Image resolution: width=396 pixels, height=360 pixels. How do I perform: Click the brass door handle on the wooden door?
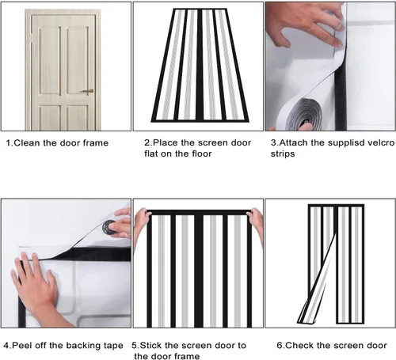pos(87,91)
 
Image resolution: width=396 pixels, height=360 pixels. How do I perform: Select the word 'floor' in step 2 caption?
pos(202,153)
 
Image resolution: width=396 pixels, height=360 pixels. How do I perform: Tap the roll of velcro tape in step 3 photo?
pos(304,115)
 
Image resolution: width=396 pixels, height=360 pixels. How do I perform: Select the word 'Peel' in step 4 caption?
pos(22,346)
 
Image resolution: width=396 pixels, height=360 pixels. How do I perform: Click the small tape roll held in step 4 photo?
pos(109,227)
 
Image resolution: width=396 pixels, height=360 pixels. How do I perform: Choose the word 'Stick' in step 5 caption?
pos(150,345)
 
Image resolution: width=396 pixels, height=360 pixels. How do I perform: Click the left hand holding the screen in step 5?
pos(142,222)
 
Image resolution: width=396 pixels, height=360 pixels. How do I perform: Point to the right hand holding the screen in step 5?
pos(256,223)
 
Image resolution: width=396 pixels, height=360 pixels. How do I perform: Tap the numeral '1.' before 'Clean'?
pos(10,143)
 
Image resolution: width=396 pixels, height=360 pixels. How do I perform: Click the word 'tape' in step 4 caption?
pos(113,346)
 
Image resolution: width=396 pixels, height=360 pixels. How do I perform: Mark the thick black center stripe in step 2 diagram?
pos(200,65)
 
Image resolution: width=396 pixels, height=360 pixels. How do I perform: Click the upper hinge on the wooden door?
pos(32,37)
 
